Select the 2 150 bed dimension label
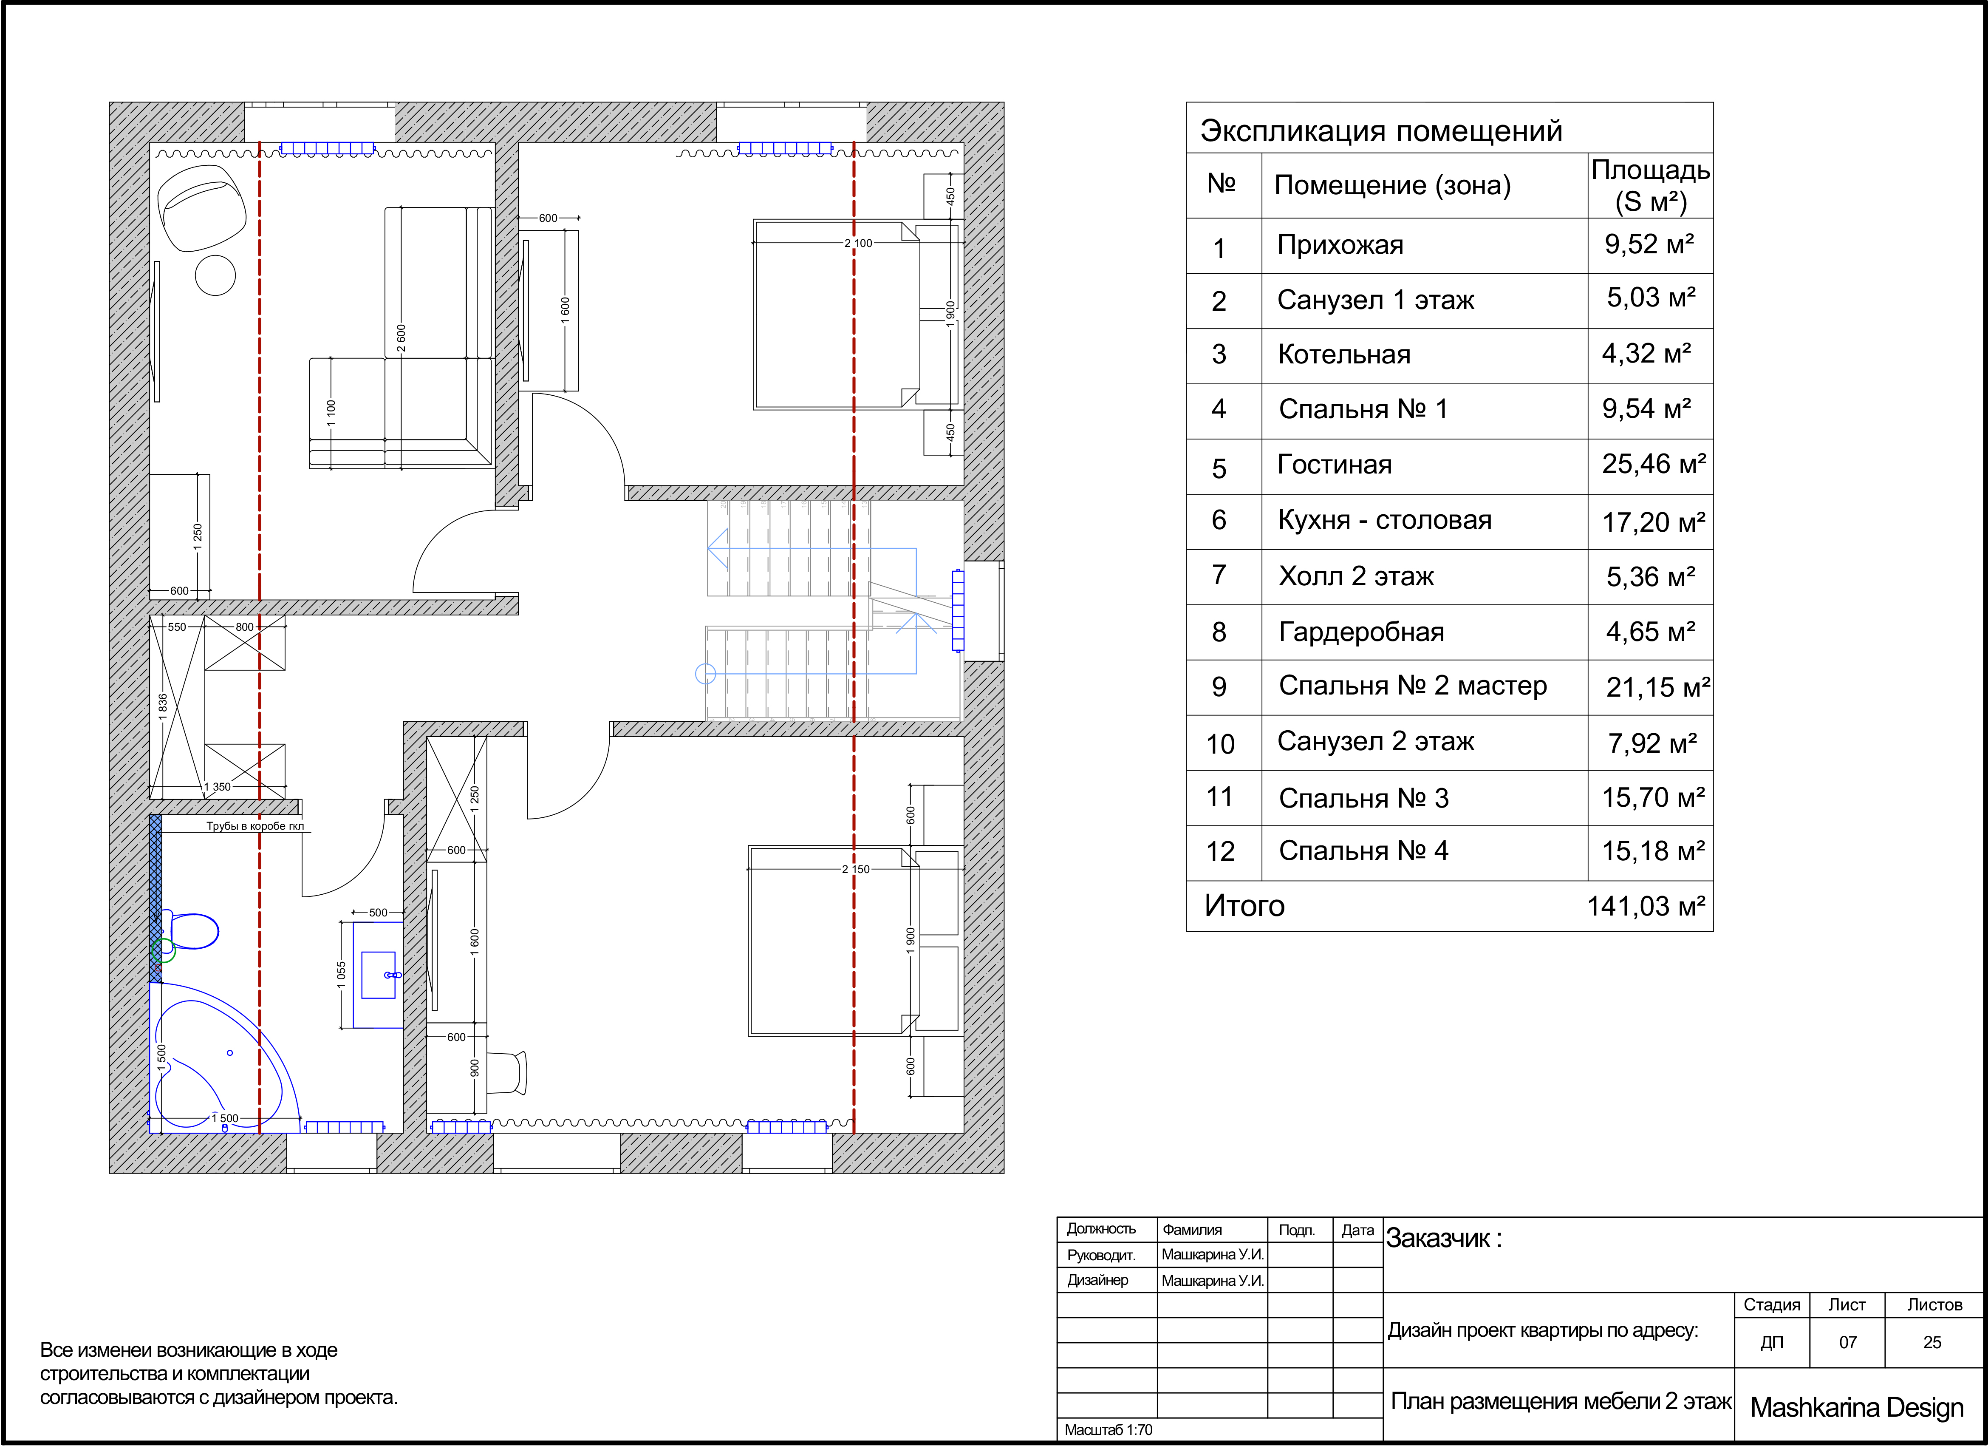point(856,869)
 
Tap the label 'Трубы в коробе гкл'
point(255,826)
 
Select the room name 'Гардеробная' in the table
point(1361,632)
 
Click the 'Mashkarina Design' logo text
point(1857,1407)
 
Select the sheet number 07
point(1848,1343)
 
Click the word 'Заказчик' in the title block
point(1437,1239)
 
